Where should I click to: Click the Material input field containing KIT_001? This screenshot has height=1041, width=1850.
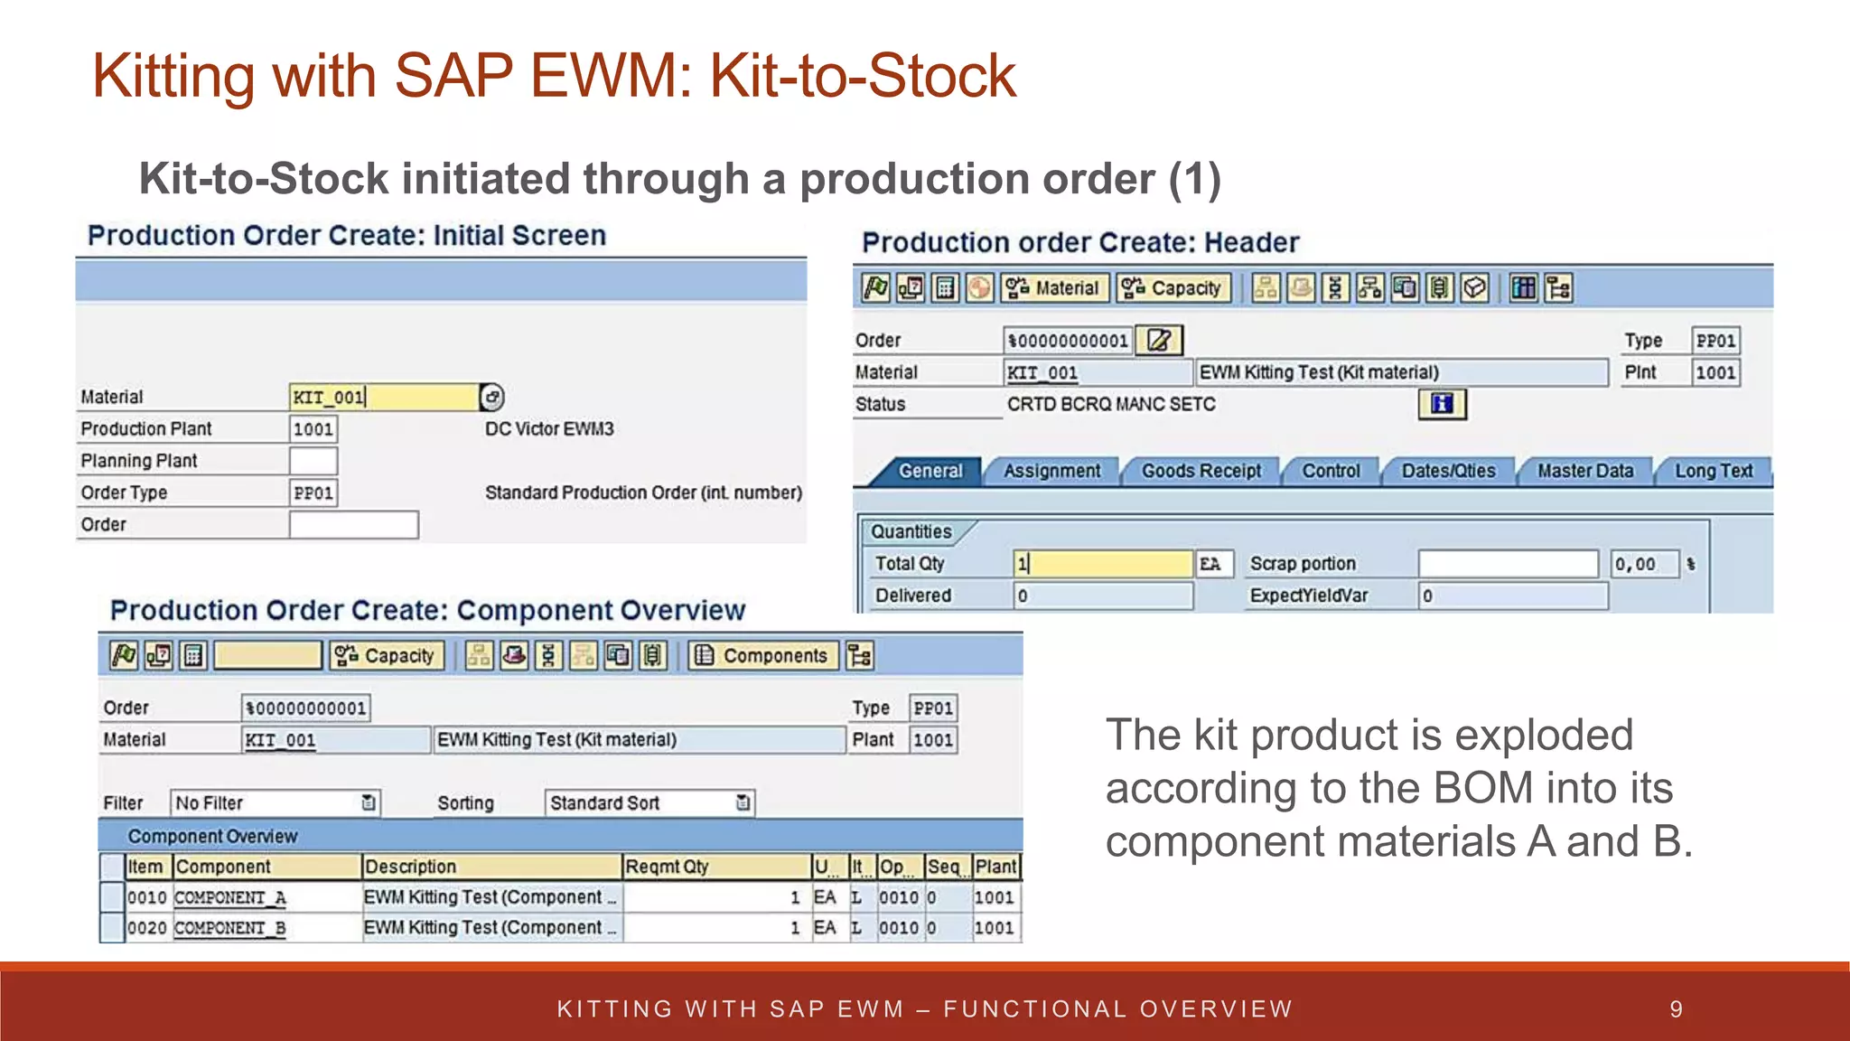pos(383,398)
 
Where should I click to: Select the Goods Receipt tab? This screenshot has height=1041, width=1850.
pos(1201,471)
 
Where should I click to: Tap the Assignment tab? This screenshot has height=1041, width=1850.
pos(1051,471)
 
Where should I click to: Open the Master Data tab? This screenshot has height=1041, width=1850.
pos(1584,471)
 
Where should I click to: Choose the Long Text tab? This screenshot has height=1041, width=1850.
pos(1713,471)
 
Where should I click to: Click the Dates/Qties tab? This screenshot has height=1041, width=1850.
pos(1448,471)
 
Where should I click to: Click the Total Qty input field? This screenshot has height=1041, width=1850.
pos(1102,564)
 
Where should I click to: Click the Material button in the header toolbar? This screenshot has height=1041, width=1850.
pos(1054,288)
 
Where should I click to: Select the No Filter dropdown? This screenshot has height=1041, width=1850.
pos(275,802)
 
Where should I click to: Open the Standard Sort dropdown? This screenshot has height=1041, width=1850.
pos(649,802)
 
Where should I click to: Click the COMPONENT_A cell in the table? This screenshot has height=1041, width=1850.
pos(230,897)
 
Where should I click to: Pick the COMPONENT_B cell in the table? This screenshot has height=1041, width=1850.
pos(230,928)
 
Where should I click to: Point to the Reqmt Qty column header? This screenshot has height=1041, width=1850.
pos(716,867)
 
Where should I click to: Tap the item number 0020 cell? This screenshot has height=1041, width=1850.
pos(147,928)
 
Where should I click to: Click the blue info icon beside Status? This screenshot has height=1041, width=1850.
pos(1442,404)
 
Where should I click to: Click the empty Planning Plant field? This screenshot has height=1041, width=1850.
pos(313,461)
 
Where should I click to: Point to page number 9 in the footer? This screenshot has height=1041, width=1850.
pos(1676,1009)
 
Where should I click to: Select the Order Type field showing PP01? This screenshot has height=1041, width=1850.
pos(313,492)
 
